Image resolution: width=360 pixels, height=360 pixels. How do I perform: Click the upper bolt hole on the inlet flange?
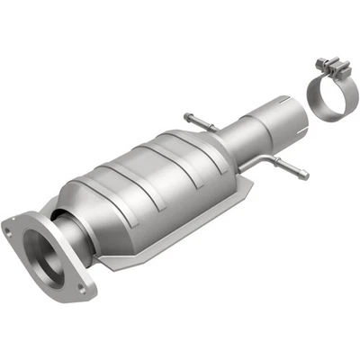click(x=9, y=229)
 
